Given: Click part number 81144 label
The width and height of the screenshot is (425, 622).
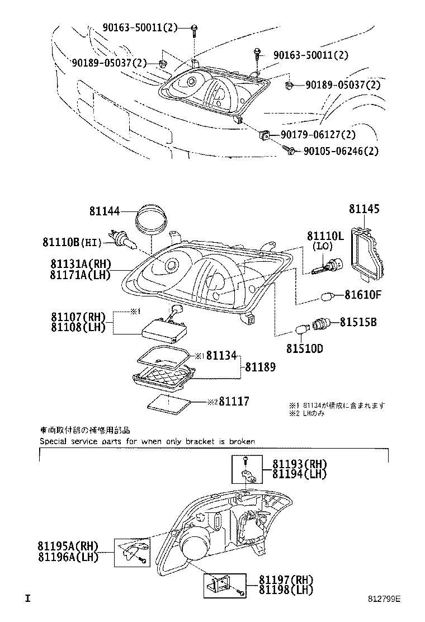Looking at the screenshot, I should coord(104,211).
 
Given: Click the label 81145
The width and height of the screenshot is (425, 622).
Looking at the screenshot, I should coord(364,209).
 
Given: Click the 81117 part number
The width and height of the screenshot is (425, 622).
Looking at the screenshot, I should coord(234,401).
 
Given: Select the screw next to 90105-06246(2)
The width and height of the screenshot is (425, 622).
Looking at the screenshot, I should coord(291,151).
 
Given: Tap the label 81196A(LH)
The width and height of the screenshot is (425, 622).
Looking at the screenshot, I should coord(68,557).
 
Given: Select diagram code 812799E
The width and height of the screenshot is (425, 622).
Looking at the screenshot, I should coord(384,599).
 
